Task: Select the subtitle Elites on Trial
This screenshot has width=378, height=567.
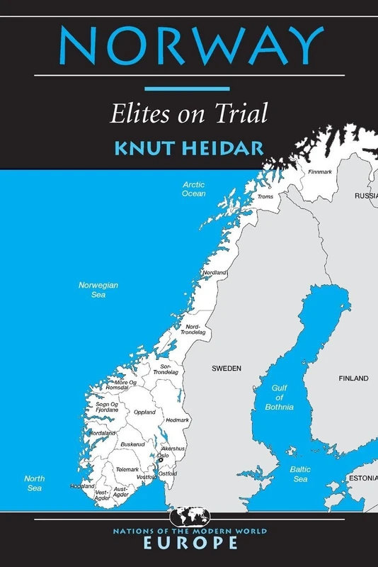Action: (x=188, y=113)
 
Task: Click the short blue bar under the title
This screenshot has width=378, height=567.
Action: (x=188, y=89)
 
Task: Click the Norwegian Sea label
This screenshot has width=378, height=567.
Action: (x=98, y=289)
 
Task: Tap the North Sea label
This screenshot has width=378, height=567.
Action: (x=34, y=483)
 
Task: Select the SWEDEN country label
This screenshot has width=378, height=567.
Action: (x=227, y=369)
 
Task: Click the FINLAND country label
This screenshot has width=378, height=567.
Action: (x=353, y=378)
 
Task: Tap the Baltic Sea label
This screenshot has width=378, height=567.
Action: (x=301, y=474)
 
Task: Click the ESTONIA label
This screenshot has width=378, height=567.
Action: (x=362, y=479)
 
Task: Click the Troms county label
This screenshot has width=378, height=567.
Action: (x=265, y=196)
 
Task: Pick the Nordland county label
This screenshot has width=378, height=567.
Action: (x=214, y=273)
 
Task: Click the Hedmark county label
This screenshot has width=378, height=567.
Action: (x=177, y=420)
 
